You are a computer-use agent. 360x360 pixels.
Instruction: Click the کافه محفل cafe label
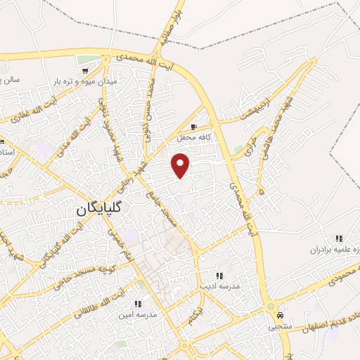click(195, 138)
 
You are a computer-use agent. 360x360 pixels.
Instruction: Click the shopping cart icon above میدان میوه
click(85, 70)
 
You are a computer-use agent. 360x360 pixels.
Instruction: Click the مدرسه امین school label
click(139, 316)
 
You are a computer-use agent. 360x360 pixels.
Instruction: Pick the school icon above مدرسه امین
click(138, 304)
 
